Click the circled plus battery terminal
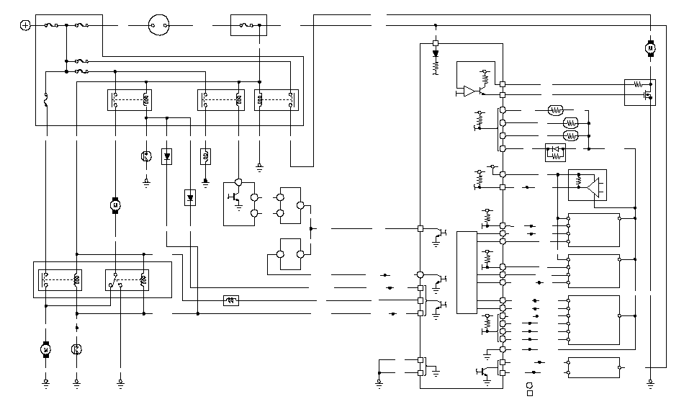(x=25, y=25)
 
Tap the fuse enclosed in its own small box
(x=248, y=25)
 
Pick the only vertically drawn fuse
(x=47, y=101)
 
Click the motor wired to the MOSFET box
(x=650, y=48)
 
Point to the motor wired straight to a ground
(x=45, y=349)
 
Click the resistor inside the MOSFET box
(x=638, y=84)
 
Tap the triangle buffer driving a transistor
(x=470, y=91)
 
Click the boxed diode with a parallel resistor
(x=555, y=153)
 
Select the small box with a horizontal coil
(x=231, y=300)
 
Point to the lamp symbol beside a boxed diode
(x=146, y=156)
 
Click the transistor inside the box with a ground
(x=235, y=197)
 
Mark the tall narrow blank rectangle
(x=467, y=272)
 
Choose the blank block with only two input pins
(x=593, y=367)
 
